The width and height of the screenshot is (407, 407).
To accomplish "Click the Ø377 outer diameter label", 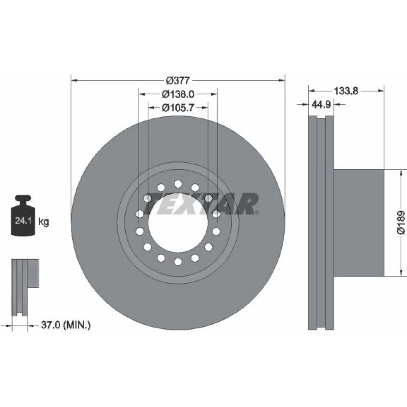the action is coord(178,81).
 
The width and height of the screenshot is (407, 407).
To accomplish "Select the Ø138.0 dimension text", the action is coord(178,94).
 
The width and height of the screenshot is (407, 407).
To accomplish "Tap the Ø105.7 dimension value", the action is coord(178,107).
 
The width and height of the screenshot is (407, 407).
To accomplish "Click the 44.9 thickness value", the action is coord(321,104).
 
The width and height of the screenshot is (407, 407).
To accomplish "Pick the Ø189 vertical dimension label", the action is coord(401,223).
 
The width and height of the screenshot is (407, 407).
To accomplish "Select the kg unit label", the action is coord(44,222).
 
